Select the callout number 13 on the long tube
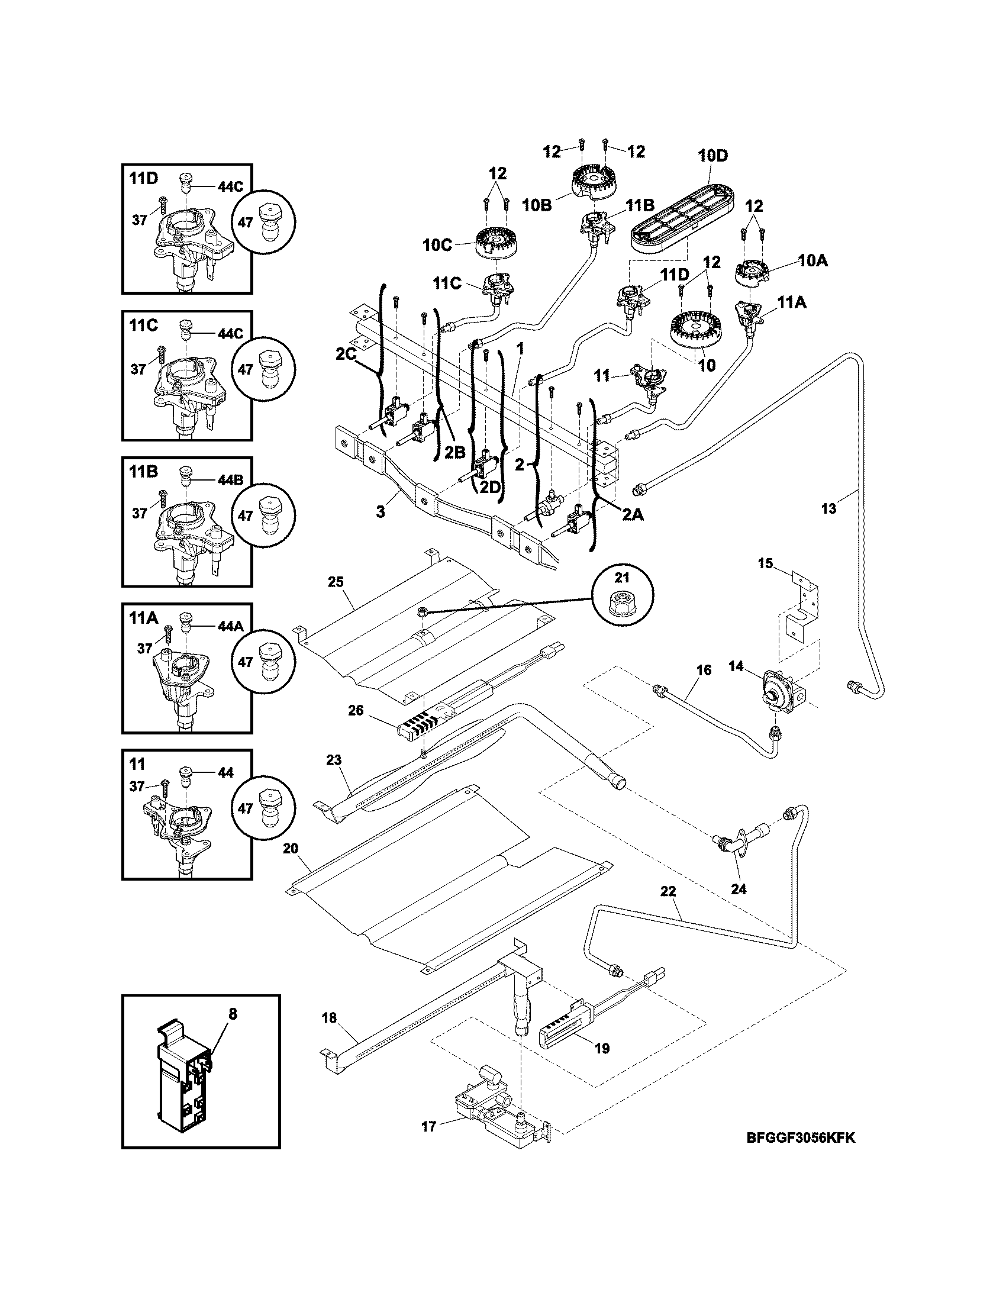point(828,508)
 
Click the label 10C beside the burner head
point(437,246)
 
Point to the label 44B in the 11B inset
point(231,479)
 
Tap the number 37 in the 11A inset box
point(145,649)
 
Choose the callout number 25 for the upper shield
point(336,581)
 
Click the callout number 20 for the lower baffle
point(290,848)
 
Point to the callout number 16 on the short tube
point(703,670)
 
